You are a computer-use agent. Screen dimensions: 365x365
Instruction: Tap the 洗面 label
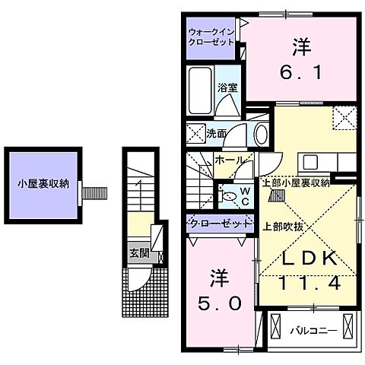[x=217, y=134]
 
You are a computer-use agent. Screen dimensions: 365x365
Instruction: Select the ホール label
[x=229, y=160]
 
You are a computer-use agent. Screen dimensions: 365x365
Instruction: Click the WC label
[x=246, y=195]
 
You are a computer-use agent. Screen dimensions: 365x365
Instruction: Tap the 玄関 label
[x=138, y=254]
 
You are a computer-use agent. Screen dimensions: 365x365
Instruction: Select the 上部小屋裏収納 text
[x=296, y=182]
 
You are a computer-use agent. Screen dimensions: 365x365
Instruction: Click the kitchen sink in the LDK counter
[x=311, y=162]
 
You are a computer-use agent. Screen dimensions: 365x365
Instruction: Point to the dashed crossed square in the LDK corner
[x=344, y=117]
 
